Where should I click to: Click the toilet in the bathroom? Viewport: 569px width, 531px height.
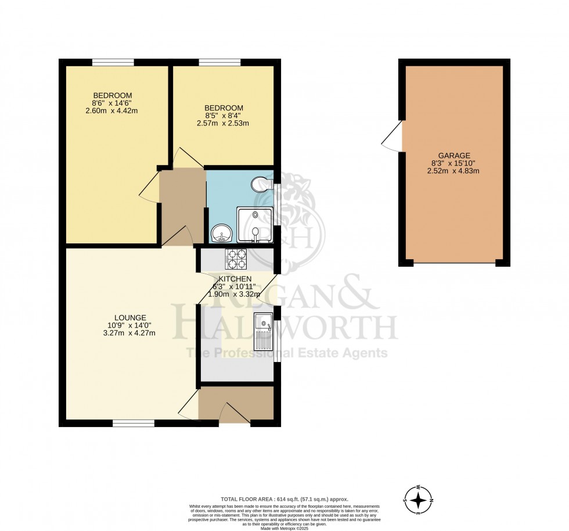[260, 185]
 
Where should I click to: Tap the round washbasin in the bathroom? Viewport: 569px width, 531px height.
[221, 234]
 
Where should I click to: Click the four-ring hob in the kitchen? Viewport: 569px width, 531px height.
[235, 259]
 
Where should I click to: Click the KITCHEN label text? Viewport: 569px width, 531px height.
[235, 279]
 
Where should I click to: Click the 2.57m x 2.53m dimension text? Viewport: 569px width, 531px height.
[224, 123]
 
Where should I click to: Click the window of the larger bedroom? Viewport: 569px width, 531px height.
[113, 62]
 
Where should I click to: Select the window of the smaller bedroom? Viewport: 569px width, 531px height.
[220, 62]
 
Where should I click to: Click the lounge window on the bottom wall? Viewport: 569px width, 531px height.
[134, 424]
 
